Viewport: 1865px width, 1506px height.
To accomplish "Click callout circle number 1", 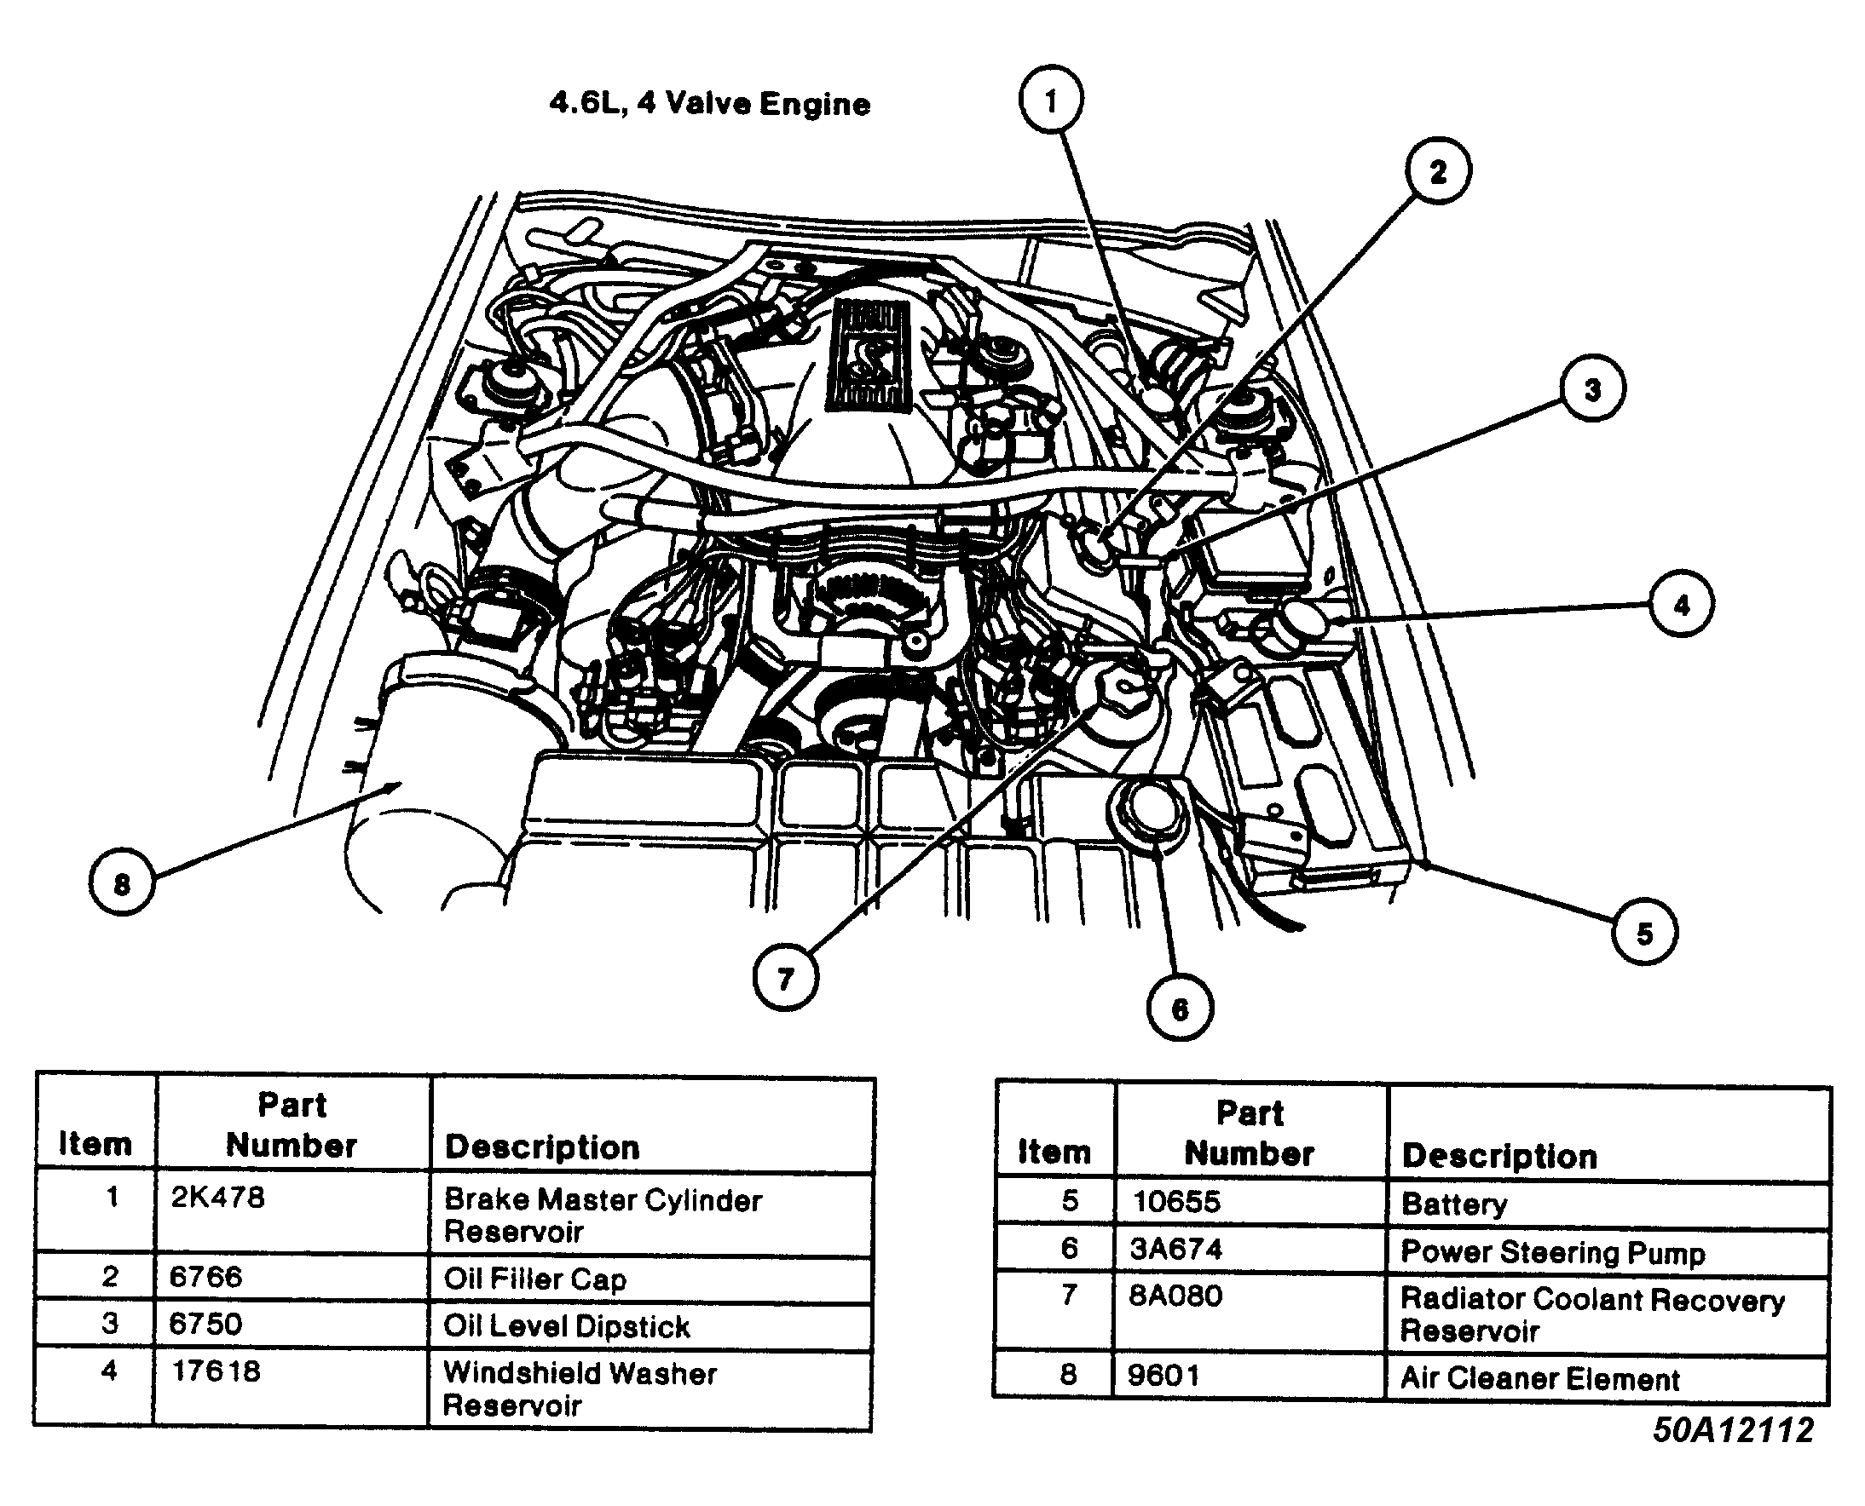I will click(1051, 101).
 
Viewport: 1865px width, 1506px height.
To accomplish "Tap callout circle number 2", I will click(1438, 172).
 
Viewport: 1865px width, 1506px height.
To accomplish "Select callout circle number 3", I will click(1592, 389).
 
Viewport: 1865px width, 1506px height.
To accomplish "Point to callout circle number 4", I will click(1681, 605).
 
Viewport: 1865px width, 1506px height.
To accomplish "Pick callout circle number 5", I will click(1644, 934).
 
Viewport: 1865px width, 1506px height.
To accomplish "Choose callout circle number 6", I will click(1180, 1008).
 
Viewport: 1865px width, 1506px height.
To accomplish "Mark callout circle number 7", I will click(785, 979).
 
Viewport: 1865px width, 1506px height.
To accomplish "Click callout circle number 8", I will click(122, 883).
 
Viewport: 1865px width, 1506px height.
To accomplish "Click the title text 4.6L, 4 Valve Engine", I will click(709, 104).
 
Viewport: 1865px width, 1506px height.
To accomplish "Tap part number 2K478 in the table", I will click(218, 1198).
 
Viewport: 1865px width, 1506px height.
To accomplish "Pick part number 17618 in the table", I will click(217, 1371).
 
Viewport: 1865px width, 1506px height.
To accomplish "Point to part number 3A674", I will click(1175, 1250).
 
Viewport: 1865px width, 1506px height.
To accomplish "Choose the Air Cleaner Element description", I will click(1539, 1378).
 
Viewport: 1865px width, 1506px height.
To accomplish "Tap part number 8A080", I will click(1175, 1296).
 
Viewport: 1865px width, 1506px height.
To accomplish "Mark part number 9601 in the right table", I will click(1163, 1376).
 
